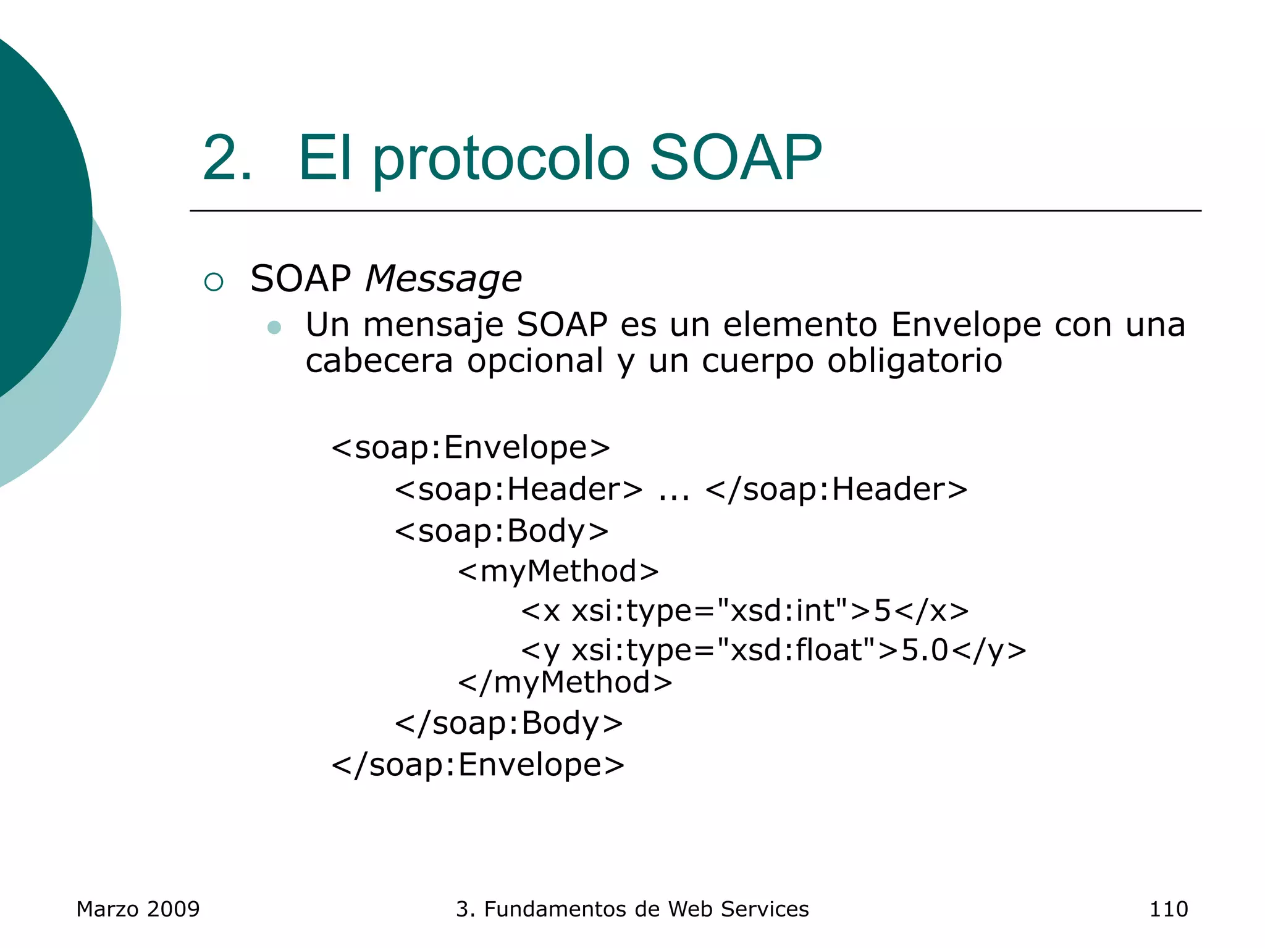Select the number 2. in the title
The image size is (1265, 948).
click(x=227, y=159)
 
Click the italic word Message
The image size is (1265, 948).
click(x=443, y=279)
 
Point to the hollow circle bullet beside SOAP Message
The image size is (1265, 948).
click(x=214, y=282)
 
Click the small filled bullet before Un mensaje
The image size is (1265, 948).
click(x=274, y=327)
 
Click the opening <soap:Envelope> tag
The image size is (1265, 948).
click(x=471, y=447)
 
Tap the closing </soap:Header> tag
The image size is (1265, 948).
click(x=836, y=489)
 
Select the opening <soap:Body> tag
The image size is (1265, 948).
click(x=502, y=531)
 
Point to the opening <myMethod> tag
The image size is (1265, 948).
click(x=558, y=571)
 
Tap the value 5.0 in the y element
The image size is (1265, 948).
click(x=925, y=650)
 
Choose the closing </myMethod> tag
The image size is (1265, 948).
click(x=565, y=683)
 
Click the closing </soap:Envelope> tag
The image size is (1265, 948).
click(x=478, y=765)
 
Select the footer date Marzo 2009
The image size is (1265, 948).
click(x=138, y=909)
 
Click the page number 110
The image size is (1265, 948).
click(x=1168, y=909)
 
